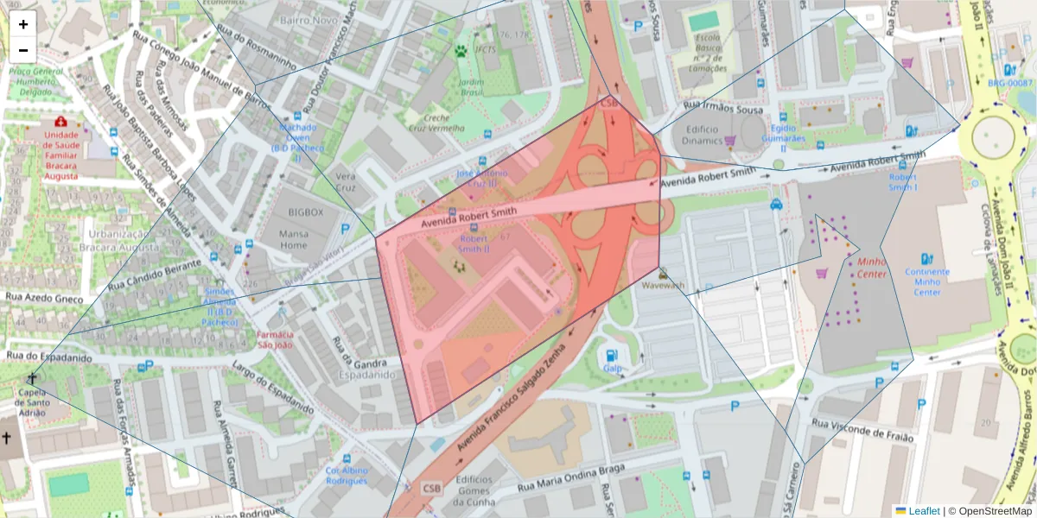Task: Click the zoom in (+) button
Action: [x=23, y=24]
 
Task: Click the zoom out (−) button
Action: [x=23, y=50]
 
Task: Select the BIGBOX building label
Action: [x=305, y=212]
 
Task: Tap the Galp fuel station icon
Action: [x=612, y=354]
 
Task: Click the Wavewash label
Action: [x=664, y=285]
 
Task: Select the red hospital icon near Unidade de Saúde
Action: [x=60, y=123]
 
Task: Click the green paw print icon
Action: [x=461, y=51]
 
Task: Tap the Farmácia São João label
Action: [x=274, y=340]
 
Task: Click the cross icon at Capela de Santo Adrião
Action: [x=32, y=378]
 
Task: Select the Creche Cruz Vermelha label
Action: [x=437, y=123]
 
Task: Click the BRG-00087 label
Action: [x=1010, y=83]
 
